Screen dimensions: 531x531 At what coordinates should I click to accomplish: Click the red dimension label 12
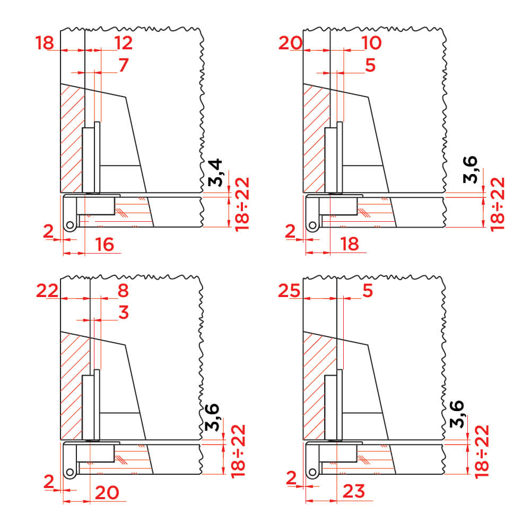(123, 42)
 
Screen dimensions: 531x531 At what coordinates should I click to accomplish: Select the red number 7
(124, 65)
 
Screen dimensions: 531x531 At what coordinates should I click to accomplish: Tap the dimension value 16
(105, 245)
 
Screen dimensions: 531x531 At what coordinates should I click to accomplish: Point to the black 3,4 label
(215, 172)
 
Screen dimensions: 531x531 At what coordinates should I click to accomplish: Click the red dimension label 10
(371, 42)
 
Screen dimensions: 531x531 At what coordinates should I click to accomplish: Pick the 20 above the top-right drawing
(290, 43)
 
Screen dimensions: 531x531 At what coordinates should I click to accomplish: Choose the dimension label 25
(289, 291)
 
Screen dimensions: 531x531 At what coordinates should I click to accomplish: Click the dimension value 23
(354, 491)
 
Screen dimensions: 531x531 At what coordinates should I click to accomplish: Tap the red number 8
(123, 291)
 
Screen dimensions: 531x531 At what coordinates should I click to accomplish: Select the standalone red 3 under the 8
(124, 312)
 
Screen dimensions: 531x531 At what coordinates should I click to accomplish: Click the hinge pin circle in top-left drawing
(70, 225)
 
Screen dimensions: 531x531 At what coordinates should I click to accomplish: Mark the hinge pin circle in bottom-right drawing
(312, 472)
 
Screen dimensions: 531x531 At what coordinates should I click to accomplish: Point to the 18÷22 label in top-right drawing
(498, 204)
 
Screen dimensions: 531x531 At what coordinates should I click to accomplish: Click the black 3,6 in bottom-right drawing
(457, 414)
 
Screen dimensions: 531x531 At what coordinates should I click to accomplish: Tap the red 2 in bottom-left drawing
(49, 482)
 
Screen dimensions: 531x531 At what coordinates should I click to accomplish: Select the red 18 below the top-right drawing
(350, 244)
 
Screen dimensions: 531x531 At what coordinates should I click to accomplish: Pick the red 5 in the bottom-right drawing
(368, 291)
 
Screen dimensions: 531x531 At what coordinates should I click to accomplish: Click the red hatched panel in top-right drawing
(316, 139)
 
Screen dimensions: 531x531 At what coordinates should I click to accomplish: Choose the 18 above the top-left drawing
(45, 43)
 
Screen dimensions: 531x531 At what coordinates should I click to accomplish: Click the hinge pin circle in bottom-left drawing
(70, 472)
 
